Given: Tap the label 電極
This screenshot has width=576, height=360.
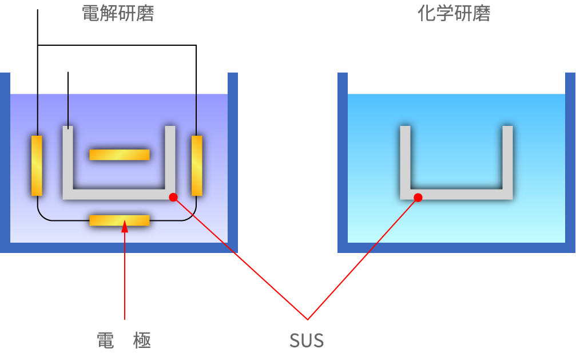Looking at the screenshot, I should click(x=124, y=341).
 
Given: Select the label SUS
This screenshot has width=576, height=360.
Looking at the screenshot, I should click(x=307, y=341).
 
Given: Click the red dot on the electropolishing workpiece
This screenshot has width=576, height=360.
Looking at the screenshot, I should click(x=173, y=197).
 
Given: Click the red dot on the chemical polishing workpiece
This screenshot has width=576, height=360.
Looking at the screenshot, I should click(x=418, y=197).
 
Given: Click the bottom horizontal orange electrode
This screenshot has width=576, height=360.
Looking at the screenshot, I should click(x=120, y=220).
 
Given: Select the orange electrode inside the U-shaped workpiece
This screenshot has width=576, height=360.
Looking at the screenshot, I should click(x=120, y=155).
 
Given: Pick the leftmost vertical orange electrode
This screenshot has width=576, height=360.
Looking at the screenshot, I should click(x=37, y=165).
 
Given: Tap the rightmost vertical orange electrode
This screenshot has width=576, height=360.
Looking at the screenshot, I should click(x=197, y=165).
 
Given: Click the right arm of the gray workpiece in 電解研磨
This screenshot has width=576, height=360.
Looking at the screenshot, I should click(x=170, y=157).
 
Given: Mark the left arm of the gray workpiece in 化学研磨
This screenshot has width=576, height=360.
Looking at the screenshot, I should click(x=405, y=157).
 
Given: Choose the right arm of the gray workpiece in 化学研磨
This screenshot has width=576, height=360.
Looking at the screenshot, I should click(x=507, y=157).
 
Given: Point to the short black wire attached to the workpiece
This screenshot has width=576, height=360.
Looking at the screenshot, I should click(x=68, y=97).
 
